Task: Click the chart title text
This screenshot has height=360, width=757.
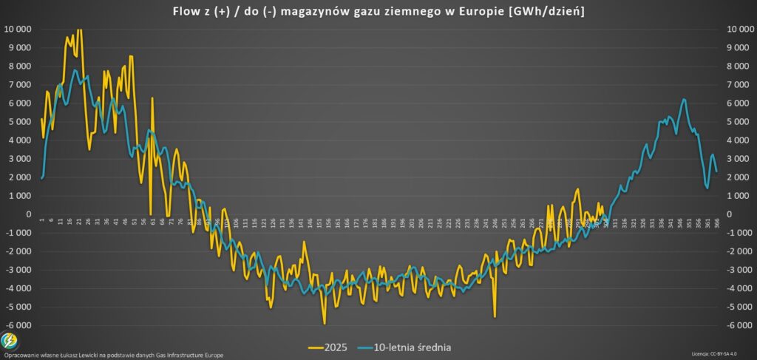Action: point(378,11)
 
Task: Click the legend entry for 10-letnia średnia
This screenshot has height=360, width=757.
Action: point(406,346)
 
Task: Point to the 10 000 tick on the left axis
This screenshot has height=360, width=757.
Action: point(17,29)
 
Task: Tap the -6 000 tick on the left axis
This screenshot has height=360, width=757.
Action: point(18,325)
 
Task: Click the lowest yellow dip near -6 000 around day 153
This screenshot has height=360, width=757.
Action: point(324,323)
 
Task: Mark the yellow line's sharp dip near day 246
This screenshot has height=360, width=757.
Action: point(495,316)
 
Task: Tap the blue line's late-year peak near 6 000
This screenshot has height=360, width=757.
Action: point(684,99)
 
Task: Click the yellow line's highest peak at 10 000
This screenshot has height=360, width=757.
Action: point(78,30)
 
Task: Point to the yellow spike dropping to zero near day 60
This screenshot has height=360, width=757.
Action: point(150,214)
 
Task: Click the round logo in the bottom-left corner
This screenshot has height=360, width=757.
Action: point(10,341)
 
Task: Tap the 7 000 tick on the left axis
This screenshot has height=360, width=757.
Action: point(18,85)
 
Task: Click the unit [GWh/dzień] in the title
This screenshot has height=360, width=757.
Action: point(543,11)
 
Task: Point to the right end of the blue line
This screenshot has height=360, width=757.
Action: point(716,171)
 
